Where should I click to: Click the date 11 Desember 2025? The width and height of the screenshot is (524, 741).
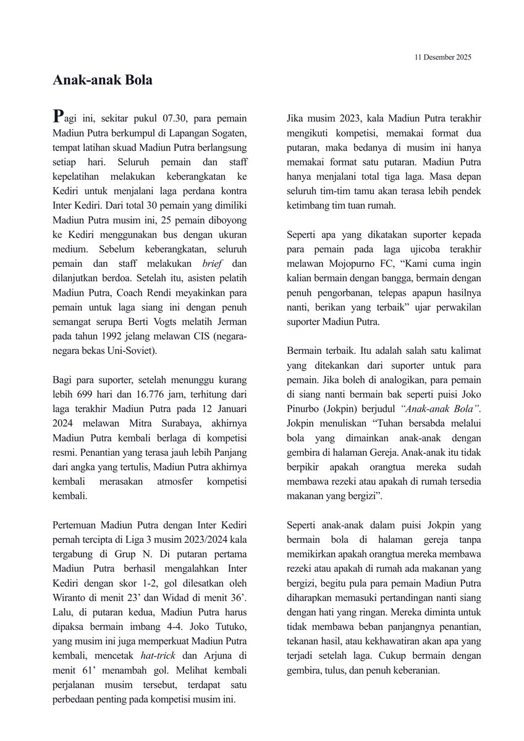click(442, 57)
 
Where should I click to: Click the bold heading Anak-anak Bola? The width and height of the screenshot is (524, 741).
click(102, 80)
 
